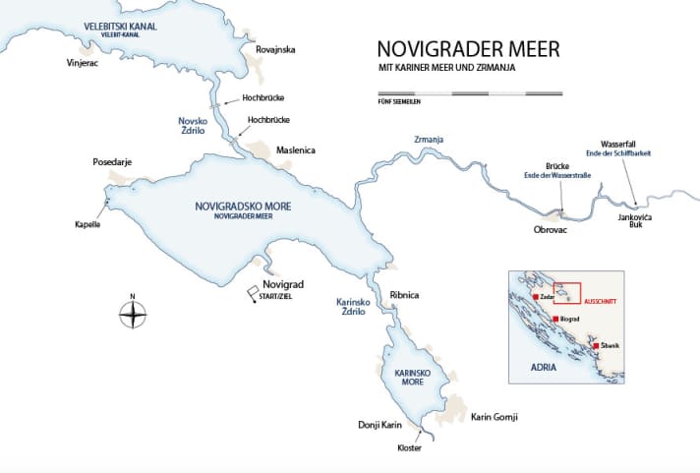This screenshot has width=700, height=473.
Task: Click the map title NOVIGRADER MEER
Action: [456, 50]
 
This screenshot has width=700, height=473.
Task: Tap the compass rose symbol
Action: [133, 314]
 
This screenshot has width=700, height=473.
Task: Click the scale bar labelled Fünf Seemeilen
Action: [470, 93]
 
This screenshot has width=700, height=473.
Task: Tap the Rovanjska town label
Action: [274, 49]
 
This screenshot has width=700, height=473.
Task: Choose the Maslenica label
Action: [298, 150]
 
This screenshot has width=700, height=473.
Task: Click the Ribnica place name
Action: [405, 295]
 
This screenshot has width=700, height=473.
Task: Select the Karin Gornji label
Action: [495, 417]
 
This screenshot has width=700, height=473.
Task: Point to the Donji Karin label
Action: [380, 426]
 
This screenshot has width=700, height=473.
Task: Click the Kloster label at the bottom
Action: [409, 448]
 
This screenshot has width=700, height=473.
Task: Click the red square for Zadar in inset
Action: [535, 296]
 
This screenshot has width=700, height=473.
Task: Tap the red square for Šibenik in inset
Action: [596, 345]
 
